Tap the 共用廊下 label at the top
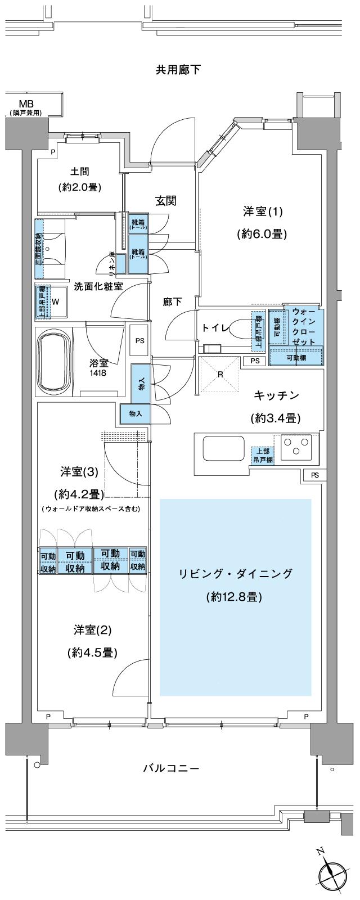click(x=178, y=70)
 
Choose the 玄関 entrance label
click(x=166, y=201)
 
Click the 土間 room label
click(x=80, y=171)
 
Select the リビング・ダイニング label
click(x=235, y=574)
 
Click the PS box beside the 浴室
click(x=139, y=340)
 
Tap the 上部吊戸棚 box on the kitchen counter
click(x=262, y=454)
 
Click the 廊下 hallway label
click(x=173, y=301)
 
